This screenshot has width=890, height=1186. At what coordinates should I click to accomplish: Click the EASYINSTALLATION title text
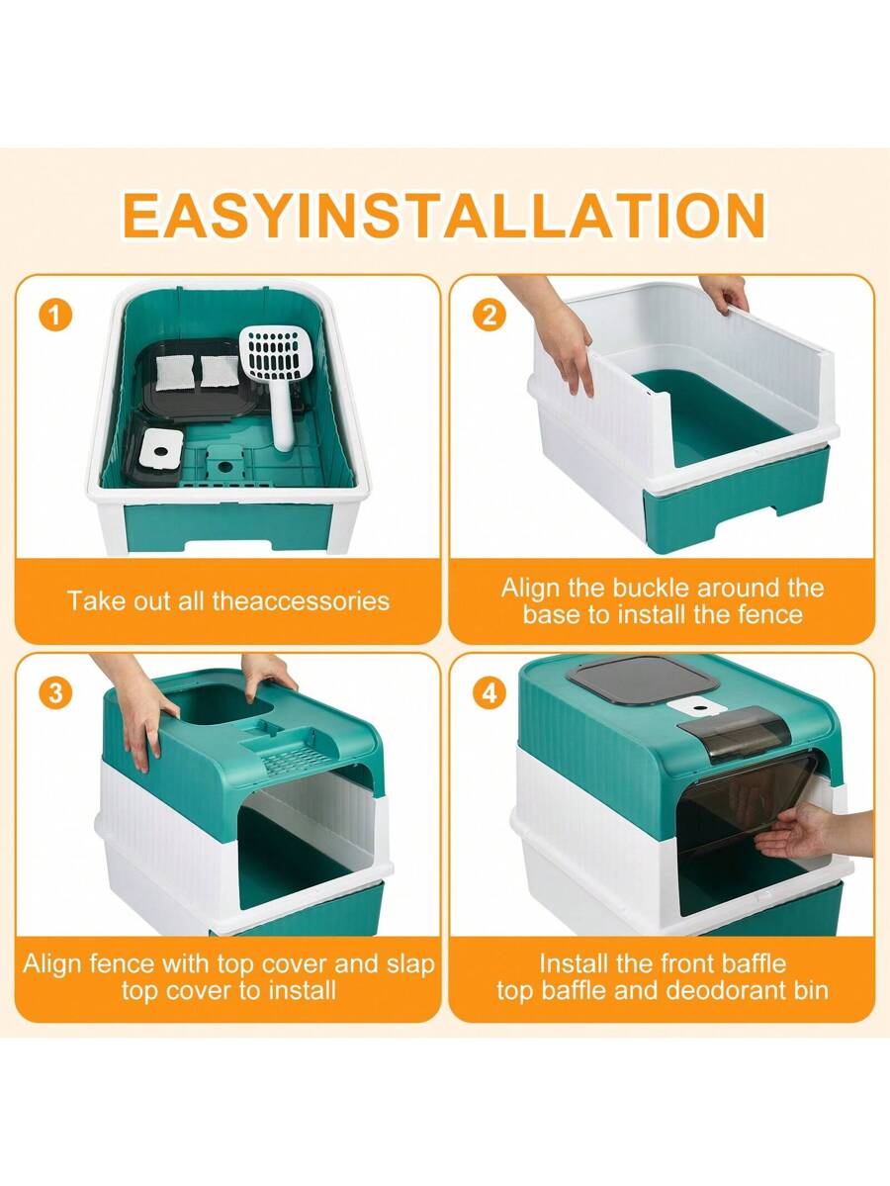pos(444,215)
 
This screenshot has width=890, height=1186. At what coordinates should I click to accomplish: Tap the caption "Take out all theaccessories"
pos(228,600)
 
